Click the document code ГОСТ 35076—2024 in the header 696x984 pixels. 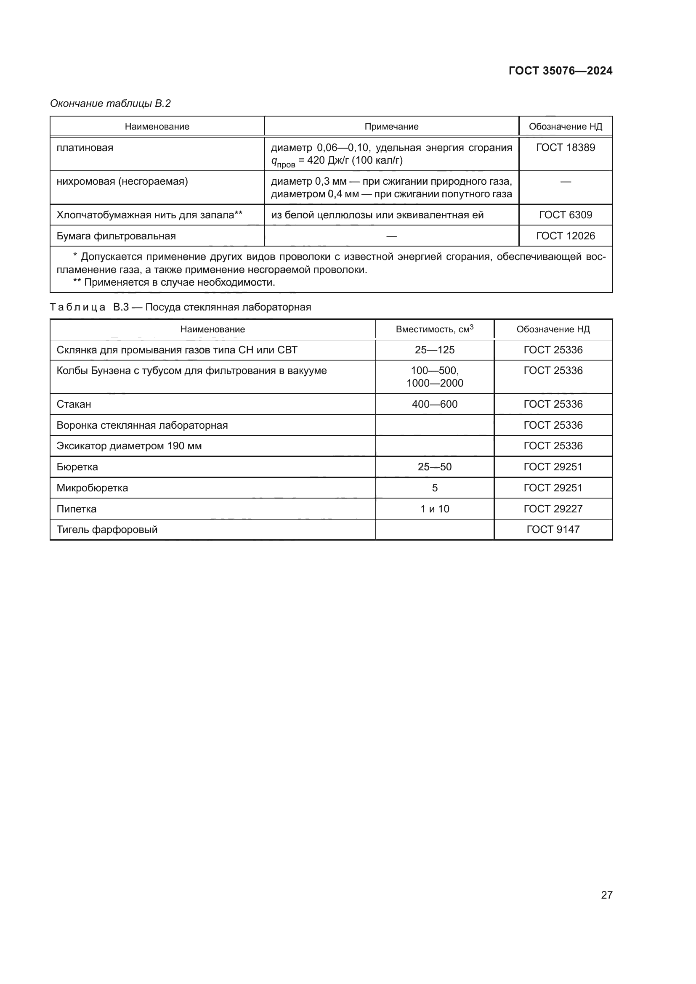[560, 71]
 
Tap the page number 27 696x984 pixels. [606, 895]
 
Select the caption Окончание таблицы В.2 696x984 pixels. [110, 103]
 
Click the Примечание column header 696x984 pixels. [391, 127]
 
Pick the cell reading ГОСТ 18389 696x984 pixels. [565, 147]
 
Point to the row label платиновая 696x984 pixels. [85, 148]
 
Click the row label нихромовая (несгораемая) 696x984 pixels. [122, 181]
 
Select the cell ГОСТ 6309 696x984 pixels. [565, 215]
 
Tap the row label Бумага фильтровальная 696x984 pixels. [116, 236]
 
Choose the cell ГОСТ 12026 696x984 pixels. [565, 236]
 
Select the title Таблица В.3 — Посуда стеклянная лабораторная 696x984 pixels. [181, 307]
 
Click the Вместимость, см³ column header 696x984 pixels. [434, 329]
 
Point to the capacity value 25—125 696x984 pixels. [434, 350]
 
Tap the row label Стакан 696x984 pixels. [74, 404]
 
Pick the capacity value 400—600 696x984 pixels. [434, 404]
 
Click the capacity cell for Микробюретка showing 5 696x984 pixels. [434, 488]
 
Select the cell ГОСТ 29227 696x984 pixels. [553, 509]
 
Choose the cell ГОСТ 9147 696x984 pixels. [553, 529]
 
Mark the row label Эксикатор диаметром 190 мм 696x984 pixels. [129, 446]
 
